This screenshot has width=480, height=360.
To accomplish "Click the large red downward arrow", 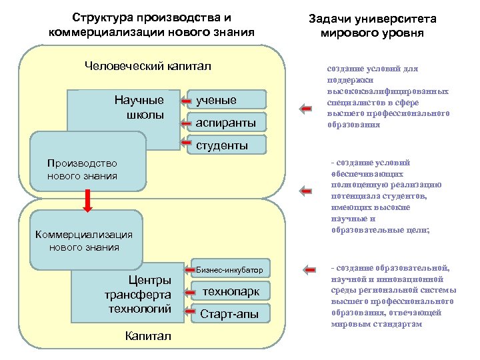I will tap(87, 199).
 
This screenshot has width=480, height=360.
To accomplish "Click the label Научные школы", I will tap(139, 107).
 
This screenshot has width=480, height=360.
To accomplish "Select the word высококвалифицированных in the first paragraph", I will tap(387, 92).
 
